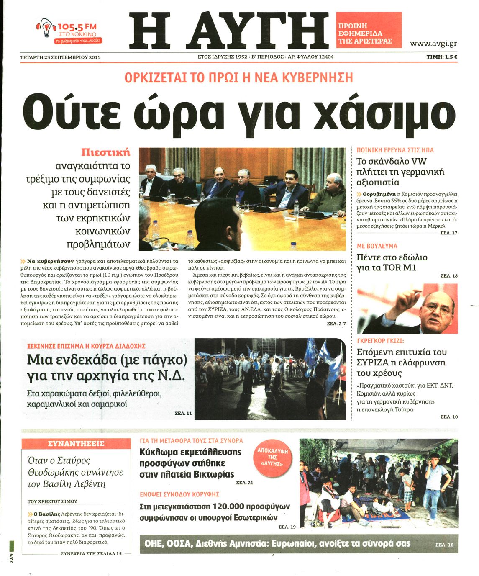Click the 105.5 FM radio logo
[69, 32]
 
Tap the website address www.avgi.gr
[433, 44]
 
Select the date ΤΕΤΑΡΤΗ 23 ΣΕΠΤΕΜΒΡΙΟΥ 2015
[60, 57]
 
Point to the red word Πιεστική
[105, 152]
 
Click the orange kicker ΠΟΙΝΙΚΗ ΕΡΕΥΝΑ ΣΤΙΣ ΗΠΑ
[395, 150]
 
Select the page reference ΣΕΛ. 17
[449, 233]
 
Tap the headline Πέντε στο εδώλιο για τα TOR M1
[392, 262]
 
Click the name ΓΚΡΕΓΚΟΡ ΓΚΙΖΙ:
[380, 341]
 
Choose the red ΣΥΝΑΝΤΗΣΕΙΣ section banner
[76, 444]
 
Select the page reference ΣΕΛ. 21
[245, 483]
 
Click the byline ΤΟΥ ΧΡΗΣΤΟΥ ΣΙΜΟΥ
[52, 501]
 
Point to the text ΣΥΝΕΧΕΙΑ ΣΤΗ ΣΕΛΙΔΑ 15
[91, 553]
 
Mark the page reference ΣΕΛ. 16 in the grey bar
[444, 545]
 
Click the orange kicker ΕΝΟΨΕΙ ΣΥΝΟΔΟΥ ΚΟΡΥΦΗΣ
[179, 494]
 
